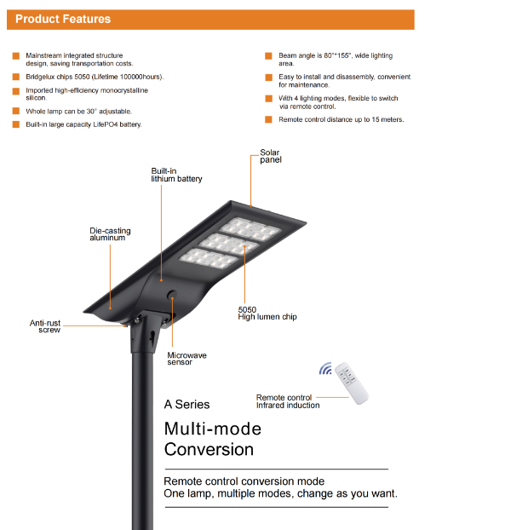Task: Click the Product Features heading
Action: pyautogui.click(x=63, y=19)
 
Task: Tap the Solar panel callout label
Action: pyautogui.click(x=270, y=157)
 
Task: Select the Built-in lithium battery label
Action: pyautogui.click(x=176, y=175)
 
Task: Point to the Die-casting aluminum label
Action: pyautogui.click(x=110, y=234)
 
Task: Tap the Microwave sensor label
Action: pyautogui.click(x=186, y=359)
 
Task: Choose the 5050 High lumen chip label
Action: pyautogui.click(x=267, y=314)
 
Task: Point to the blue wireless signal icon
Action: pyautogui.click(x=325, y=370)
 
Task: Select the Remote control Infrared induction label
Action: pyautogui.click(x=288, y=401)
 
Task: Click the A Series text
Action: pyautogui.click(x=187, y=404)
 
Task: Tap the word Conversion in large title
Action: pyautogui.click(x=209, y=449)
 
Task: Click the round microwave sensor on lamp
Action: pyautogui.click(x=171, y=296)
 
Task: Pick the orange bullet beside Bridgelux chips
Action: pyautogui.click(x=15, y=77)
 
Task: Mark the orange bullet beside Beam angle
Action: pyautogui.click(x=268, y=55)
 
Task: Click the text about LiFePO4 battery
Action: pyautogui.click(x=83, y=124)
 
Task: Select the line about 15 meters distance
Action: pyautogui.click(x=341, y=120)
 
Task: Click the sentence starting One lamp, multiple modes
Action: pyautogui.click(x=280, y=493)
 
